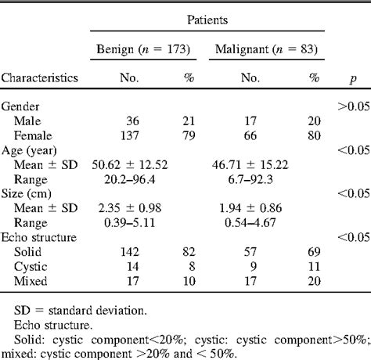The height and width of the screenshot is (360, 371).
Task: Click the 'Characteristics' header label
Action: (40, 78)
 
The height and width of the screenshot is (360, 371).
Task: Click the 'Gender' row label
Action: (22, 106)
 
